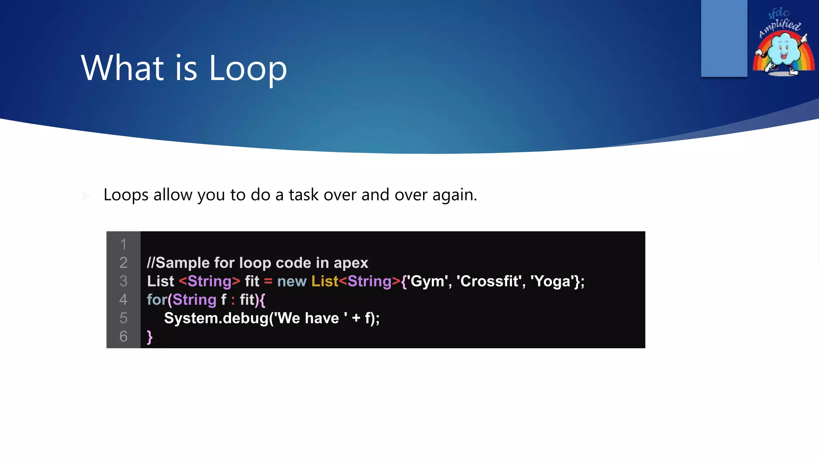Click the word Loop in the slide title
[x=248, y=68]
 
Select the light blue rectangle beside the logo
[x=724, y=38]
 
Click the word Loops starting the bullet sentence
[x=126, y=195]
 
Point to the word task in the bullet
[x=304, y=195]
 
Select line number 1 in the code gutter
[x=123, y=244]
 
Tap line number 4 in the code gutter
[x=123, y=299]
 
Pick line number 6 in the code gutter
[x=123, y=336]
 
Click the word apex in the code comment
[x=351, y=263]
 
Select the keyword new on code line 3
[x=292, y=281]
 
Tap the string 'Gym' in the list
[x=427, y=281]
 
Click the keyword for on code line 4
[x=156, y=300]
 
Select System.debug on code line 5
[x=216, y=318]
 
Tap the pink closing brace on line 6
[x=150, y=337]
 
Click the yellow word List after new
[x=325, y=281]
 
